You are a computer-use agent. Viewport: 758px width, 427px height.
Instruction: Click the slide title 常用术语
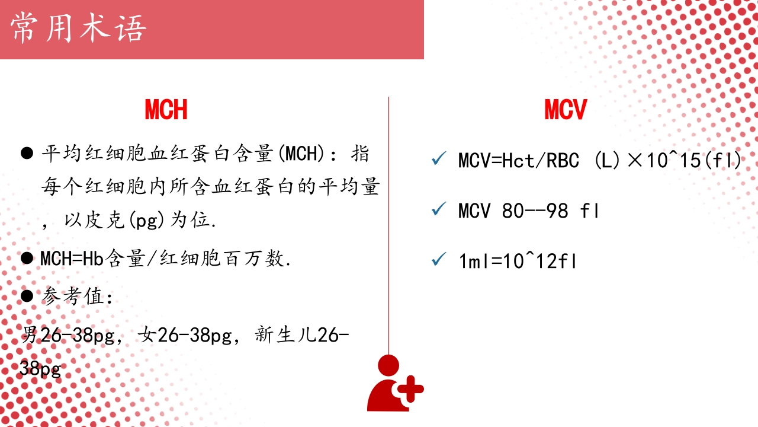78,29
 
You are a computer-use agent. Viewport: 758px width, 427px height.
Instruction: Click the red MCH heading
166,110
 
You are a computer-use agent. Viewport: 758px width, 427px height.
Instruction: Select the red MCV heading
566,110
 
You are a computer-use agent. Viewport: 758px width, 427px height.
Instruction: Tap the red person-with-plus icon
394,384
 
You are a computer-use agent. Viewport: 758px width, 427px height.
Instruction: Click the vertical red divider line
388,225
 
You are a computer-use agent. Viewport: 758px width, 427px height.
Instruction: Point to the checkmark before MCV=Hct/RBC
439,160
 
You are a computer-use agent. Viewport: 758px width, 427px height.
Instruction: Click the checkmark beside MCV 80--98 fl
439,209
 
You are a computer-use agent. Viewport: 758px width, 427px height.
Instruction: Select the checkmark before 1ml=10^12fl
439,260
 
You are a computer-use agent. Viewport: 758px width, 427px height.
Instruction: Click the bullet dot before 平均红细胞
27,154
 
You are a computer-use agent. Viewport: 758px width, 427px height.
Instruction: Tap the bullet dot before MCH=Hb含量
27,259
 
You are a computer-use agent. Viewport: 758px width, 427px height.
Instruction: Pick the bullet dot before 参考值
27,296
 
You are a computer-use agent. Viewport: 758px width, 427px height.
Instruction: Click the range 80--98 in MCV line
535,211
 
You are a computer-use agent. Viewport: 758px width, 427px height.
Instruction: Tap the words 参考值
73,297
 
